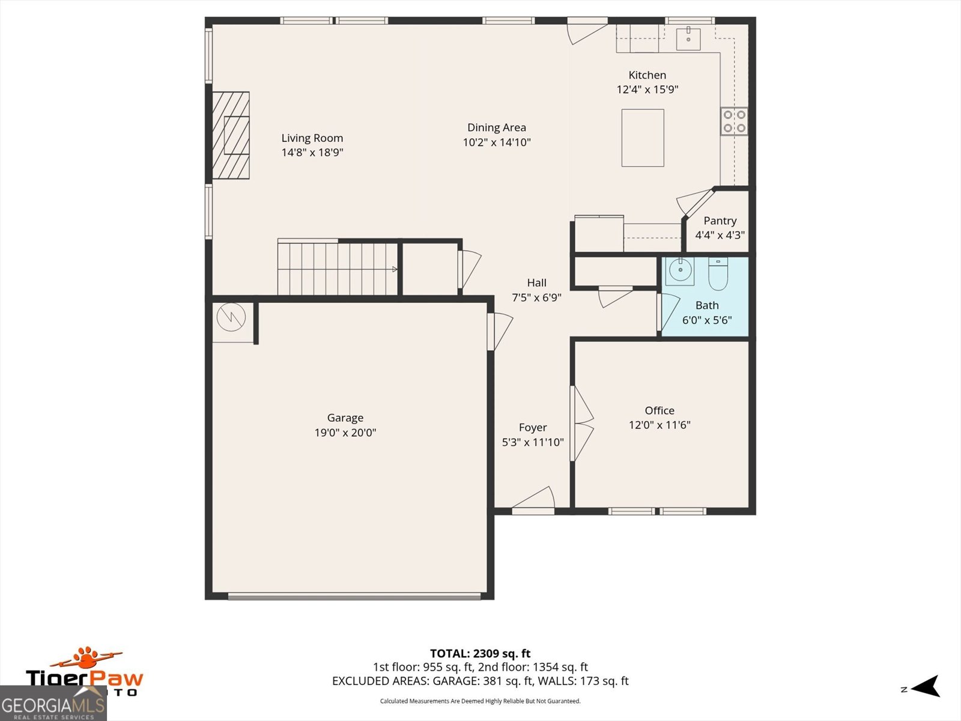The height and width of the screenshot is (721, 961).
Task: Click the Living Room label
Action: pos(312,138)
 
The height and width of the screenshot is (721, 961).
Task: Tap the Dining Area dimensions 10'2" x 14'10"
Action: pos(497,142)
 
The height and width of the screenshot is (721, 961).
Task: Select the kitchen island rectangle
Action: pos(643,138)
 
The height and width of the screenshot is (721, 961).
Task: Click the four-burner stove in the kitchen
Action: pos(734,121)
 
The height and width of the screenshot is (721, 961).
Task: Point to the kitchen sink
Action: pos(688,38)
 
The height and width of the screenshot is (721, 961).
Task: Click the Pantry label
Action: pos(720,221)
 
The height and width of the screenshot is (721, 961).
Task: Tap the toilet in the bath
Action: pos(718,273)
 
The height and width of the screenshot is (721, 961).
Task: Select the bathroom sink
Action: pos(680,271)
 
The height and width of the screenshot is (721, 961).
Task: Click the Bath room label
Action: pos(707,305)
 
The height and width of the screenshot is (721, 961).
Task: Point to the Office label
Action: pos(659,410)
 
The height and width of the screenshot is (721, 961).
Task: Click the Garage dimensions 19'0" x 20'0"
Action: pos(345,433)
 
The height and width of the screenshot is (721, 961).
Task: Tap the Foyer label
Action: pos(533,427)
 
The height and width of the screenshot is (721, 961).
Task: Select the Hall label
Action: pos(537,283)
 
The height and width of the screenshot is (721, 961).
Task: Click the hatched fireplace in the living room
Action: pos(231,135)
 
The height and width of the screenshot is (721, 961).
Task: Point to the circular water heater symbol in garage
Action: pos(231,317)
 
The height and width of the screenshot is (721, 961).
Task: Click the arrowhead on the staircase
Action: pos(395,269)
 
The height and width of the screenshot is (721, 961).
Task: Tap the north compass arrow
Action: pos(924,686)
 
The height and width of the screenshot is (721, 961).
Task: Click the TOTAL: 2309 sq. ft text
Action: pos(480,654)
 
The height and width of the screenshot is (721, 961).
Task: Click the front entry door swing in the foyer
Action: pos(533,499)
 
